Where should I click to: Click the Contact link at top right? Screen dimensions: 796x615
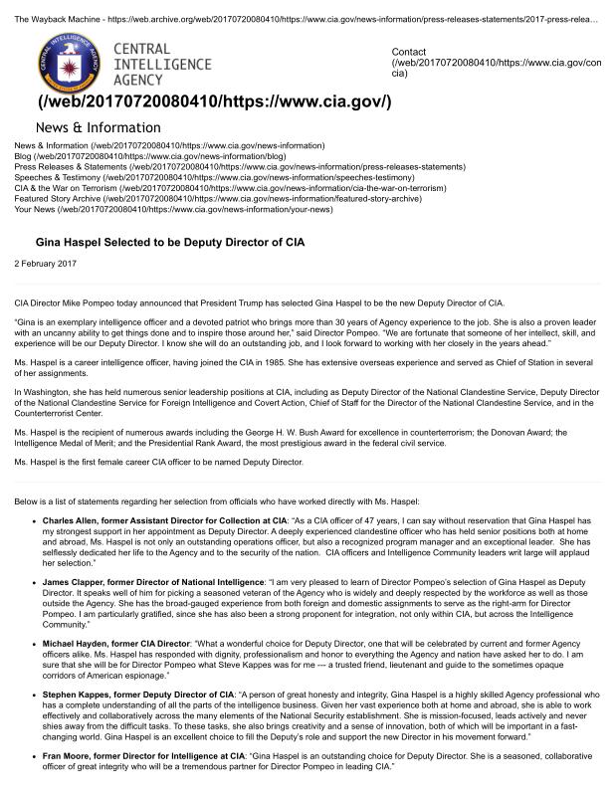pos(408,51)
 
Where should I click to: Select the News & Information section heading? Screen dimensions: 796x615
pos(98,127)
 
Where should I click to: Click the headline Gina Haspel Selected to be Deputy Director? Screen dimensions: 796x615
pos(170,242)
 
